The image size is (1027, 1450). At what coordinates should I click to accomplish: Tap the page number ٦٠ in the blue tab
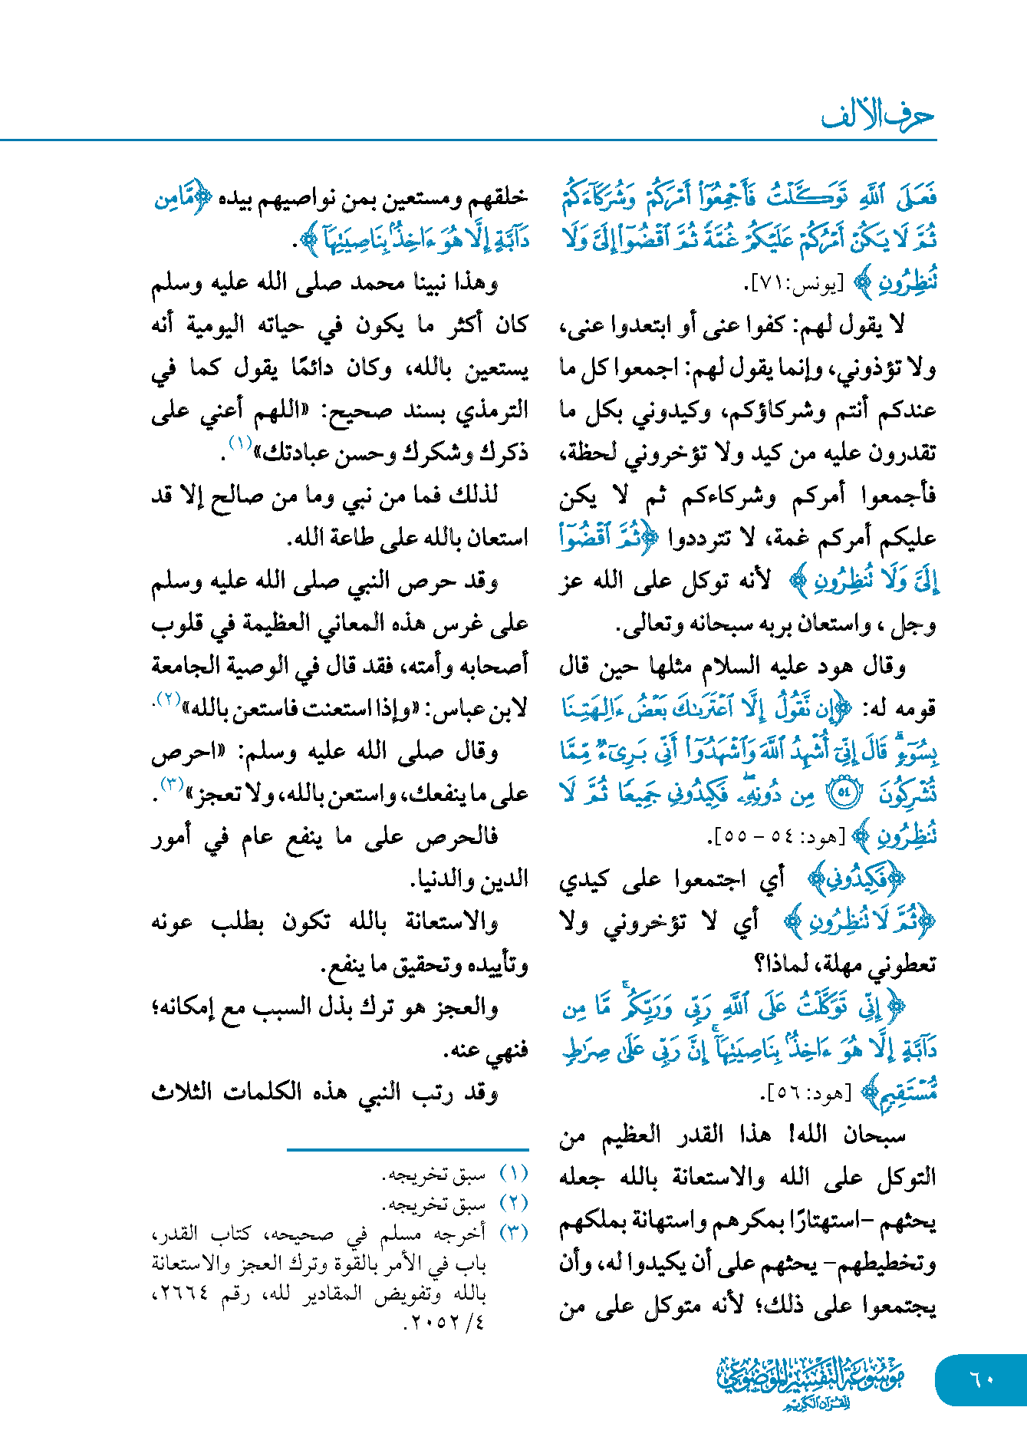coord(982,1379)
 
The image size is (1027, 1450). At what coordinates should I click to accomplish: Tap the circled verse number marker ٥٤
coord(844,793)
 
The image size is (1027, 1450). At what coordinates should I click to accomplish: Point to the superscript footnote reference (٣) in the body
coord(170,785)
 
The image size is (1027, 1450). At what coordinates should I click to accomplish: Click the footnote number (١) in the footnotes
coord(513,1174)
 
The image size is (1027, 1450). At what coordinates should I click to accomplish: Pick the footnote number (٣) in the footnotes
coord(513,1233)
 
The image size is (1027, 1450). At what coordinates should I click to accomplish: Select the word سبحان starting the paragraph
coord(874,1134)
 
